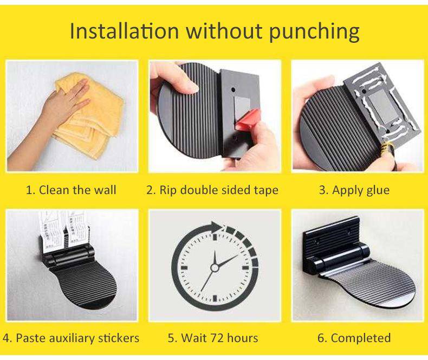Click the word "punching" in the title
click(x=314, y=32)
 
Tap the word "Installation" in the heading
click(x=124, y=30)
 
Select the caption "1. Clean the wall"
click(x=71, y=190)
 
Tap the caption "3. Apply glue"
click(x=354, y=190)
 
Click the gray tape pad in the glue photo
click(x=378, y=106)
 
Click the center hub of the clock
click(x=215, y=267)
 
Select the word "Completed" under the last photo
click(x=361, y=338)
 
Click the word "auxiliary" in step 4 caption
click(x=68, y=338)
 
